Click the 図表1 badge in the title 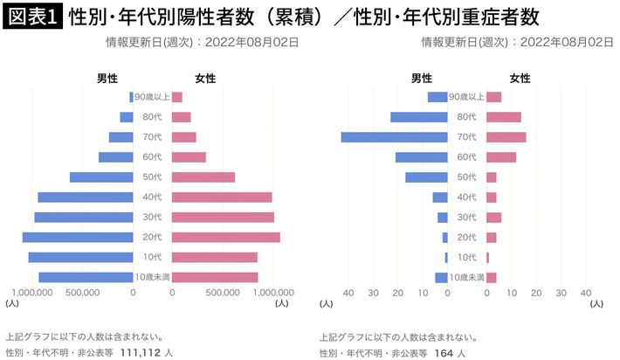34,17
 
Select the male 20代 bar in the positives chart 78,238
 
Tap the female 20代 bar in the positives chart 226,238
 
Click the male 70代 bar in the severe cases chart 394,137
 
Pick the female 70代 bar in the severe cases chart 506,137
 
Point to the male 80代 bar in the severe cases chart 418,117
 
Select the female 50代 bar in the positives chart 203,177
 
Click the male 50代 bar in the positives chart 101,177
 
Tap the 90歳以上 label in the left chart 152,97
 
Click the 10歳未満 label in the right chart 466,278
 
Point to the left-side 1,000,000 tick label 36,294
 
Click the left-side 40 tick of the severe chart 348,294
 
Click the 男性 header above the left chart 107,79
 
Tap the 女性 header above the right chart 520,79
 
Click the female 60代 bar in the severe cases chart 500,157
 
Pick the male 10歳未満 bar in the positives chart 86,278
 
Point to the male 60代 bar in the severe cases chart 421,157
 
